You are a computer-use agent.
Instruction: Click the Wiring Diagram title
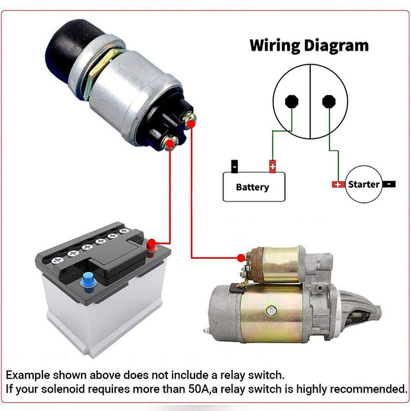[309, 46]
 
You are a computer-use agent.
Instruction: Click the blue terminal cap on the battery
[87, 279]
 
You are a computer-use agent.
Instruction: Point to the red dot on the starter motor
[240, 258]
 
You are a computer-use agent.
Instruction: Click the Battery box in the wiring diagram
[253, 186]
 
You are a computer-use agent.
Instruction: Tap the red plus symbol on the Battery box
[273, 166]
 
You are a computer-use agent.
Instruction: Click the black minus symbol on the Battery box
[234, 166]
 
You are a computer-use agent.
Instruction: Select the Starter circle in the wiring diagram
[363, 184]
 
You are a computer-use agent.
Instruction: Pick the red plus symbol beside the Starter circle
[338, 184]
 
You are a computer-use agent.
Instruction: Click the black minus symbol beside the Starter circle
[388, 184]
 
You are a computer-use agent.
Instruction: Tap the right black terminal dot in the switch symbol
[327, 101]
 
